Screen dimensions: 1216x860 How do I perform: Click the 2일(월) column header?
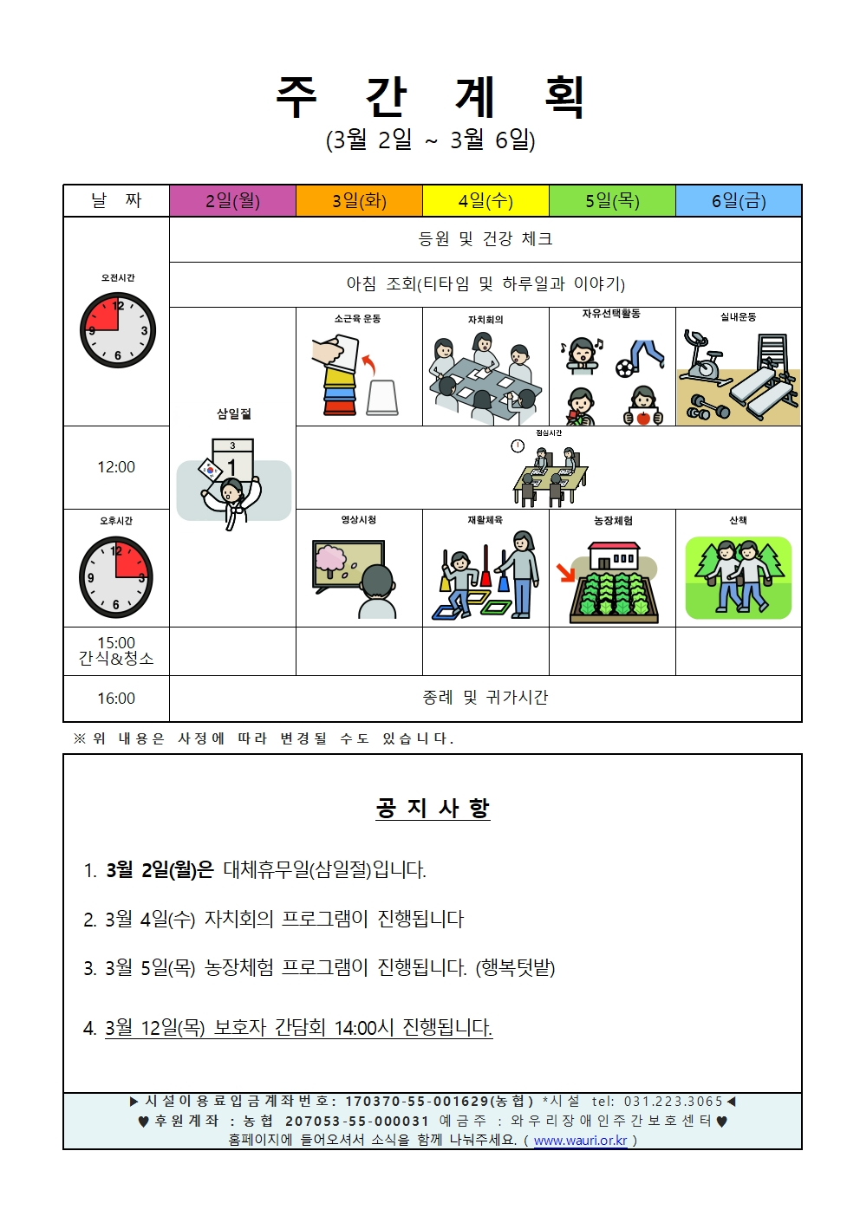232,201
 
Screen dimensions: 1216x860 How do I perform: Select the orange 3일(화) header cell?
359,201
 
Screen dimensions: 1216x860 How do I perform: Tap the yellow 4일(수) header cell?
485,201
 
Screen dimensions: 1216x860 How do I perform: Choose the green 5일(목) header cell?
612,201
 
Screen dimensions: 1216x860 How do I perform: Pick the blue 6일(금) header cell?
739,201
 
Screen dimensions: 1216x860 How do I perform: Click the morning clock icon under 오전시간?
118,330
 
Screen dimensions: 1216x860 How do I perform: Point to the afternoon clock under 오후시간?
116,576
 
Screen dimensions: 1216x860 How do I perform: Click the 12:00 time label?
116,467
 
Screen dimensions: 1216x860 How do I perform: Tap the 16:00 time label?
116,699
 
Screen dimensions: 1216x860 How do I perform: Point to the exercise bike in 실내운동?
704,358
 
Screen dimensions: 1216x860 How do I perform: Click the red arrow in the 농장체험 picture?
566,573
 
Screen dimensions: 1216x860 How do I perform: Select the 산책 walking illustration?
739,576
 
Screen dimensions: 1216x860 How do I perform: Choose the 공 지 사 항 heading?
433,808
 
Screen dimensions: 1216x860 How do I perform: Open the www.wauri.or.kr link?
580,1141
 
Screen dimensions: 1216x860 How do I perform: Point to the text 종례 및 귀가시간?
485,698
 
